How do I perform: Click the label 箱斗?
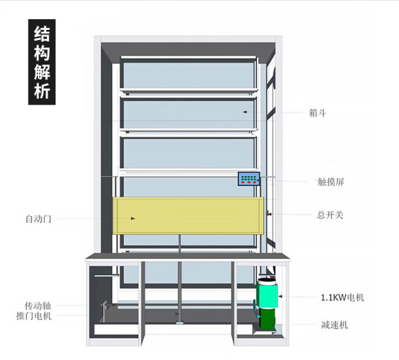[x=317, y=113]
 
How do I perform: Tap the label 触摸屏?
[x=330, y=182]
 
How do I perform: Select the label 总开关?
[x=330, y=215]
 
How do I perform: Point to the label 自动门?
[x=39, y=219]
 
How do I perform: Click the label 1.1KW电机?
[x=343, y=298]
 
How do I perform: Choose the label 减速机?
[x=334, y=325]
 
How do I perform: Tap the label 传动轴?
[x=38, y=306]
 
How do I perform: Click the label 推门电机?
[x=34, y=316]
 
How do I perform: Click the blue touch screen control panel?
[x=249, y=179]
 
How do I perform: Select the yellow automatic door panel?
[x=188, y=215]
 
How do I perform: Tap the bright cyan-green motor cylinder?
[x=267, y=293]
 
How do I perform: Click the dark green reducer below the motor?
[x=267, y=319]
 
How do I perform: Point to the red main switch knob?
[x=268, y=214]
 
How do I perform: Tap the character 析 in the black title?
[x=41, y=91]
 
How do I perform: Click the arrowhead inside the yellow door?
[x=133, y=219]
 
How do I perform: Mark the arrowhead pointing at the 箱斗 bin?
[x=245, y=112]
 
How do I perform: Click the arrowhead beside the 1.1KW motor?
[x=280, y=296]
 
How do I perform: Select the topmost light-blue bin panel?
[x=188, y=75]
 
